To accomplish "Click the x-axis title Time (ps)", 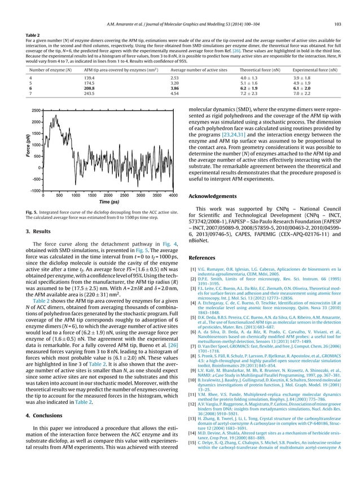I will pos(108,202).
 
